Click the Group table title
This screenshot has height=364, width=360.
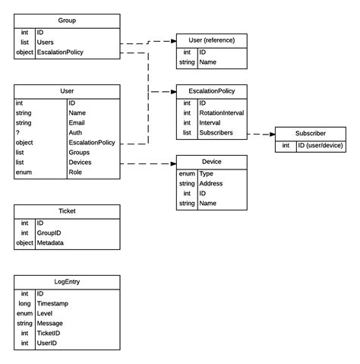click(67, 20)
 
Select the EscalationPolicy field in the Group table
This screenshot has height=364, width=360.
click(60, 53)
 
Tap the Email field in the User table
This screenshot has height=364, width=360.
click(77, 122)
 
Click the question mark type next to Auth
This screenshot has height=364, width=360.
click(17, 132)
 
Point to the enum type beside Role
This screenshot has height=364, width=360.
click(23, 173)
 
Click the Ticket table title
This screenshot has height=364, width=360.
click(67, 210)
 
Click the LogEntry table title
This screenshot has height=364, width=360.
click(67, 280)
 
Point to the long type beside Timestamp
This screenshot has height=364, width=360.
click(24, 302)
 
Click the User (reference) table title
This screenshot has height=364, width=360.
click(211, 40)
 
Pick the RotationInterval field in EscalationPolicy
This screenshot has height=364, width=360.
click(223, 112)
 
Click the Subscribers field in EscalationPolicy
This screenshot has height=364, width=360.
click(218, 133)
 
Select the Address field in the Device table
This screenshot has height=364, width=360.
click(210, 183)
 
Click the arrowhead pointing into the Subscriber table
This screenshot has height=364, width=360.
click(270, 134)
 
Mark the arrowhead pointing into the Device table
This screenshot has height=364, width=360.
click(172, 163)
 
